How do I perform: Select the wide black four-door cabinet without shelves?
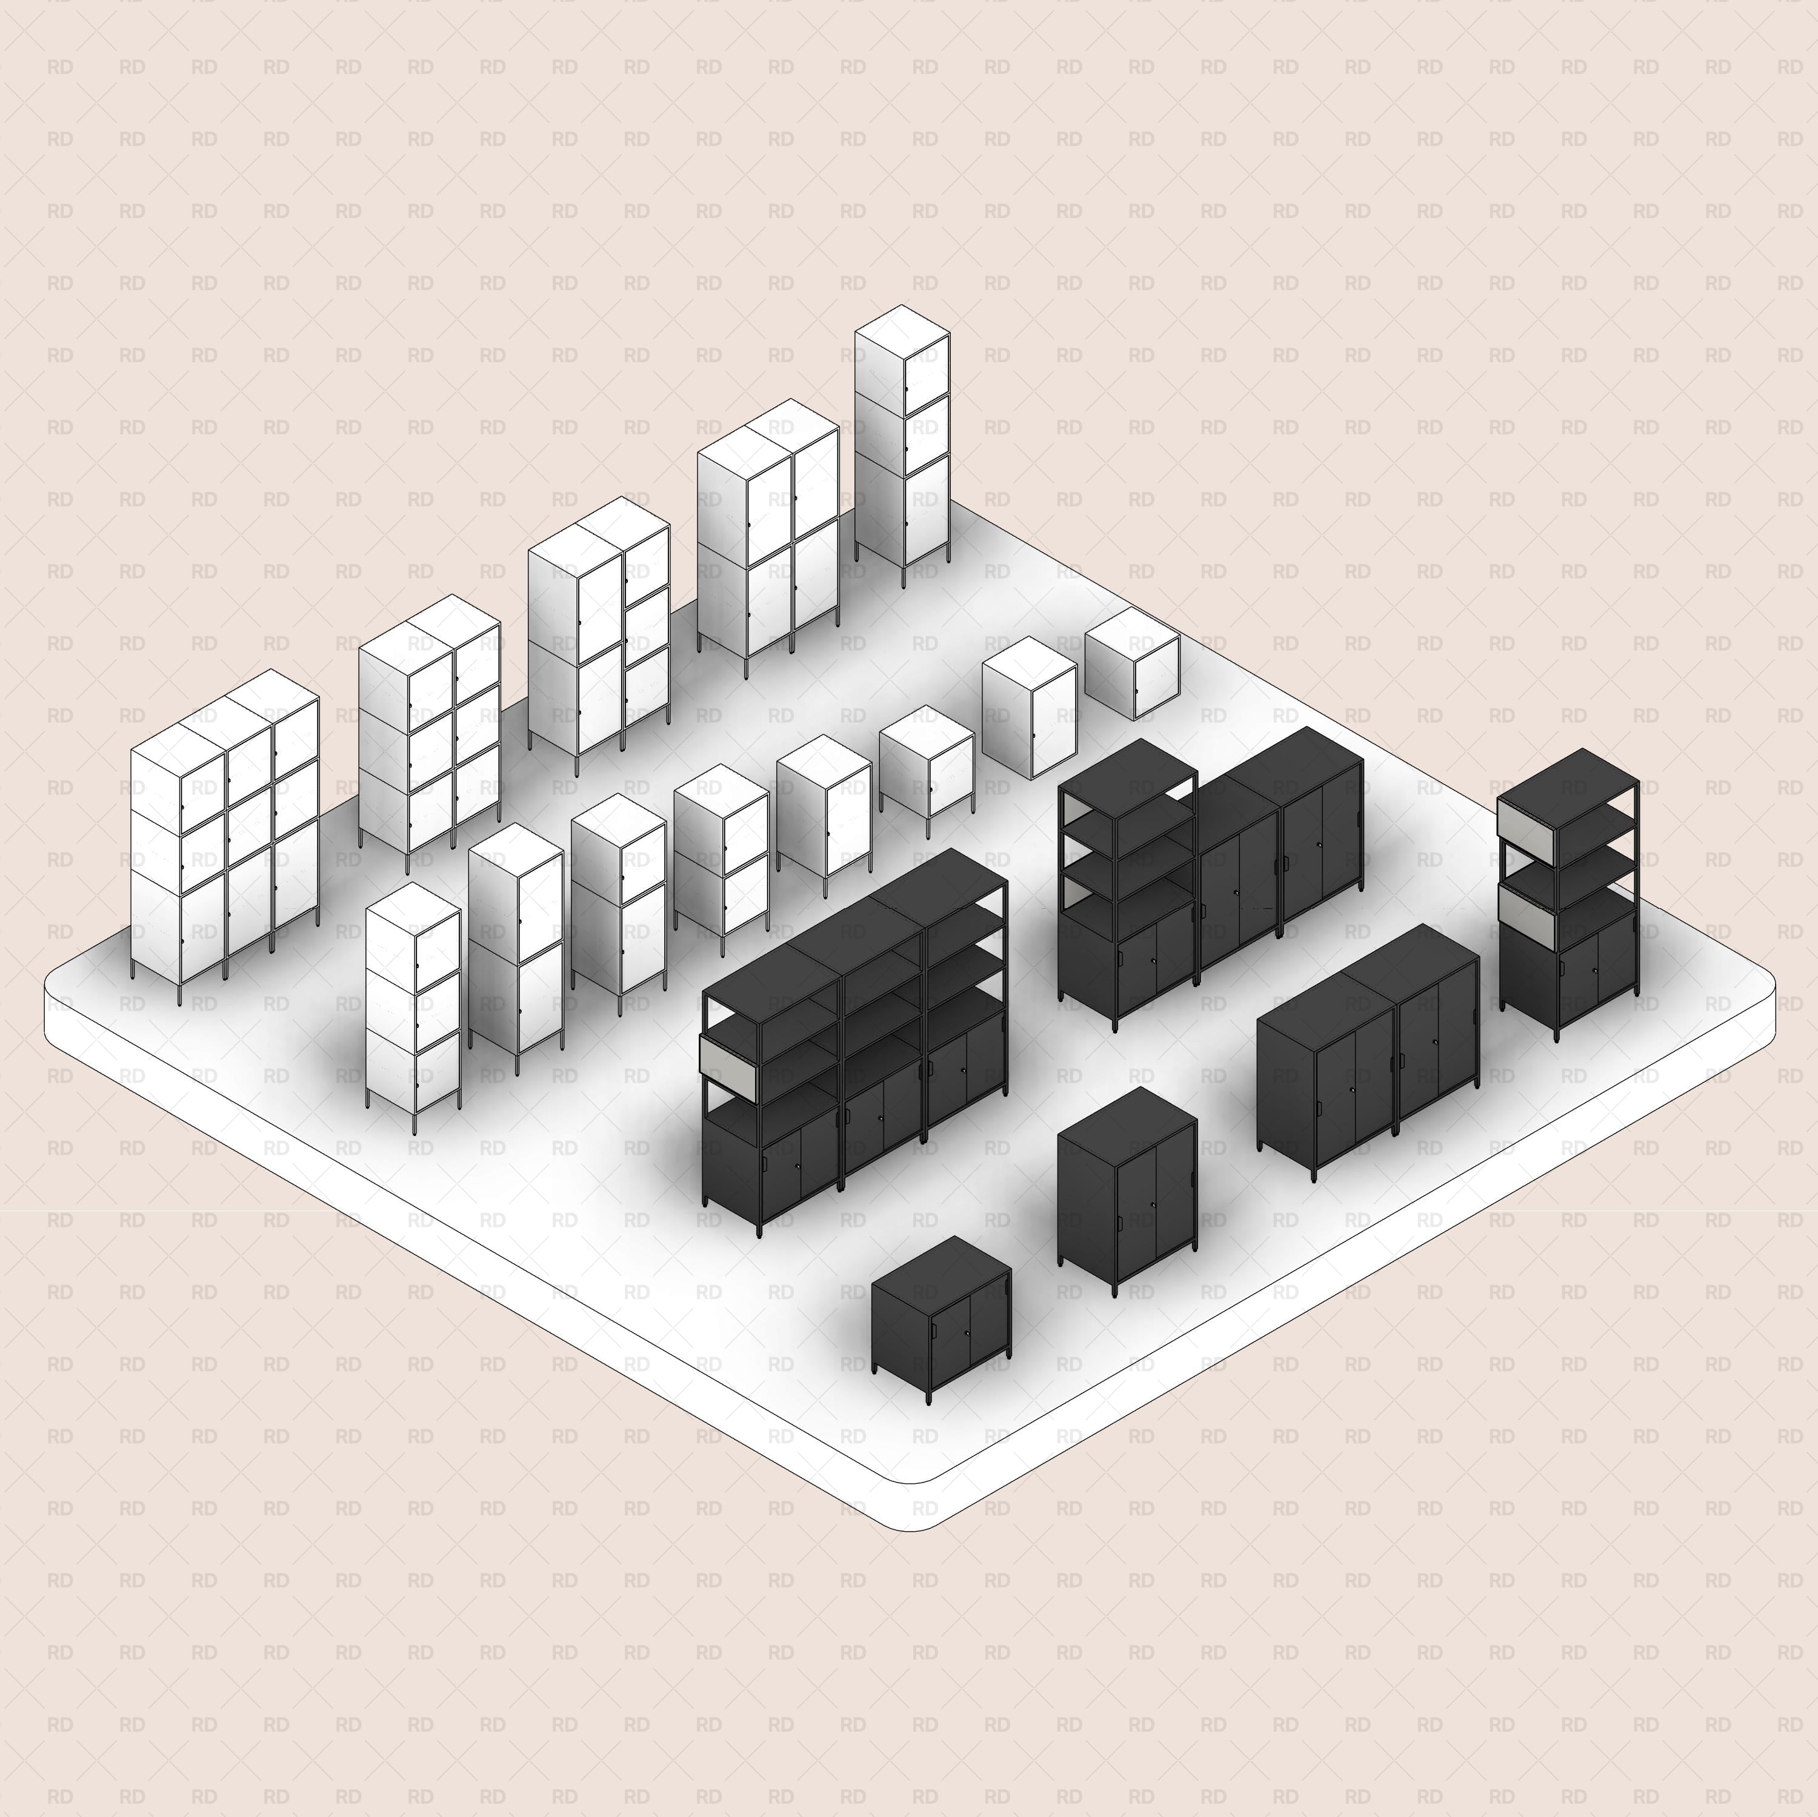pyautogui.click(x=1369, y=1063)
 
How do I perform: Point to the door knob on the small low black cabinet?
pyautogui.click(x=967, y=1334)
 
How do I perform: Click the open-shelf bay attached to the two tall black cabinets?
pyautogui.click(x=1127, y=847)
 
